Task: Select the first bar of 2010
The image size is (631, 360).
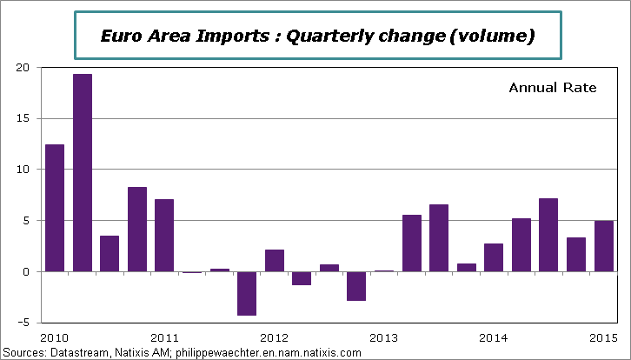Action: click(x=55, y=208)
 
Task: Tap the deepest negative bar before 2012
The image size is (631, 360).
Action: click(x=248, y=293)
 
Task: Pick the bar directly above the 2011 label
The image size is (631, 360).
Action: click(x=165, y=235)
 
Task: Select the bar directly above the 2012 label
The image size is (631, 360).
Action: click(x=275, y=260)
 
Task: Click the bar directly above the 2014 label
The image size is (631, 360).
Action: click(x=495, y=257)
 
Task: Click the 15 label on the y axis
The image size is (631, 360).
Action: click(x=23, y=118)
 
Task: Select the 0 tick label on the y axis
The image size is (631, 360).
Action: click(x=26, y=271)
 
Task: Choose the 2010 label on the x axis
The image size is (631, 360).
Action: click(x=55, y=337)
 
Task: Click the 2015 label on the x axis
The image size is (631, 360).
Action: click(x=603, y=337)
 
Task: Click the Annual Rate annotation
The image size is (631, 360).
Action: click(x=552, y=88)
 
